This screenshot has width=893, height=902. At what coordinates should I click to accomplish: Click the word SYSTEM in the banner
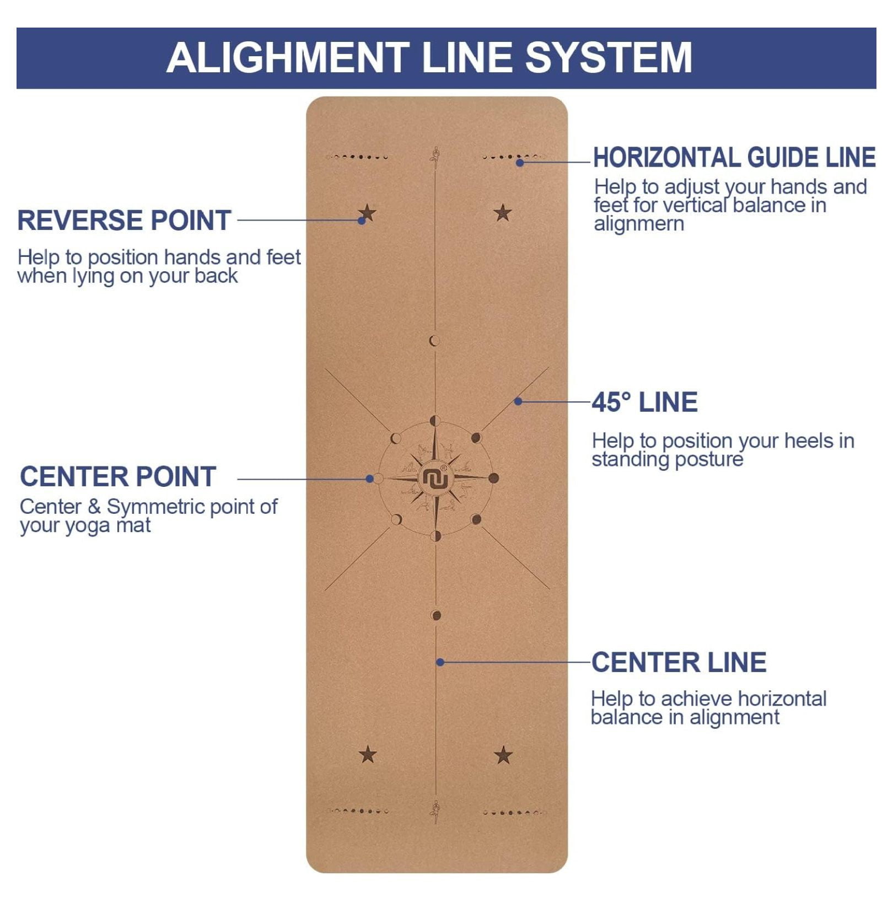pos(609,57)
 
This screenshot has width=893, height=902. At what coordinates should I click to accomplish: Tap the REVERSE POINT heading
pos(124,220)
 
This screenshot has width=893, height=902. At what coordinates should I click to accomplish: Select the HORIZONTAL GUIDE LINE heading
pos(734,158)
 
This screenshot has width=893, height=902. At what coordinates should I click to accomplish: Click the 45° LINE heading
pos(644,402)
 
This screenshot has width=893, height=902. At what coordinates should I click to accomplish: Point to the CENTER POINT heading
pos(117,476)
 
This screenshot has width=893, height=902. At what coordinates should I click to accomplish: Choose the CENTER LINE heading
pos(679,662)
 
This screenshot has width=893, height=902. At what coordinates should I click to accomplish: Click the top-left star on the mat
pos(368,212)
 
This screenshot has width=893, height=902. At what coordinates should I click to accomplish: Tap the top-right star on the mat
pos(503,212)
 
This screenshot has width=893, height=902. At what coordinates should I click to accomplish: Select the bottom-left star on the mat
pos(368,754)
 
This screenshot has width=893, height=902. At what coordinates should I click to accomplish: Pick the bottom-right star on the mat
pos(503,755)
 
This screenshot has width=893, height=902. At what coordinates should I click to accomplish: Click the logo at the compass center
pos(435,478)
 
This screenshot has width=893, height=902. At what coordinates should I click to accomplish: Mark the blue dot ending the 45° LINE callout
pos(518,401)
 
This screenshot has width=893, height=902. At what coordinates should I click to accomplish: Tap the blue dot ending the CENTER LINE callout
pos(440,662)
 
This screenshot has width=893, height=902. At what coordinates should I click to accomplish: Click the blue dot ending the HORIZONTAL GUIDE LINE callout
pos(520,162)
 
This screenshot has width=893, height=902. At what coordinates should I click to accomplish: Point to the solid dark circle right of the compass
pos(493,478)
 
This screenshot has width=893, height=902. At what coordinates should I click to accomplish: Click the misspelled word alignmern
pos(639,224)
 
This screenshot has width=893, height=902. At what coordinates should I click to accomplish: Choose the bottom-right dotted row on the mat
pos(514,812)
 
